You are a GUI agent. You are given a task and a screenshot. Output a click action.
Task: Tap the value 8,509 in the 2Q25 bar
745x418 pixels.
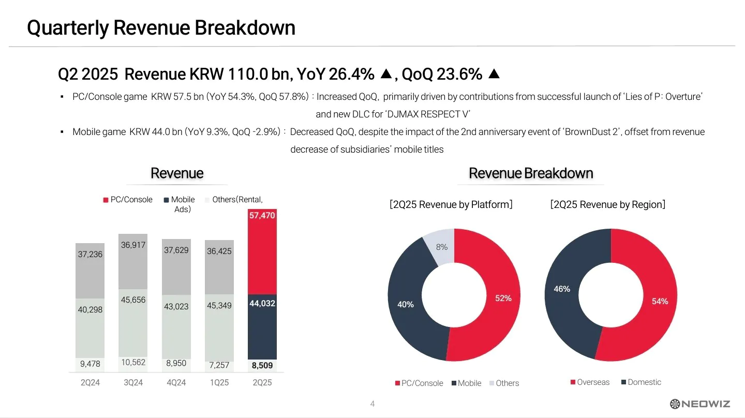pos(262,366)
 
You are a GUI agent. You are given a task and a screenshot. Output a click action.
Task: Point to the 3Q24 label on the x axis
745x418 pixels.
pos(133,383)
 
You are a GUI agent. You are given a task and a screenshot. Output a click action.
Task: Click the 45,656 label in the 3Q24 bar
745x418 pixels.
pos(133,300)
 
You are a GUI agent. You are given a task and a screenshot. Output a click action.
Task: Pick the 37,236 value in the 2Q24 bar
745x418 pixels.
pos(90,254)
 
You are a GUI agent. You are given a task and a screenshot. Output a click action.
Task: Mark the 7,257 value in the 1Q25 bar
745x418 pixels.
pos(219,365)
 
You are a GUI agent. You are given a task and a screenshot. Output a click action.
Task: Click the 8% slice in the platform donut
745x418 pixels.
pos(441,247)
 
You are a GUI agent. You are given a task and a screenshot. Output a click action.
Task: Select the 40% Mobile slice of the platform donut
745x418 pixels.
pos(406,304)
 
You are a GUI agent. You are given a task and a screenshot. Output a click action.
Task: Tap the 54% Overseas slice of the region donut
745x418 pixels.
pos(660,301)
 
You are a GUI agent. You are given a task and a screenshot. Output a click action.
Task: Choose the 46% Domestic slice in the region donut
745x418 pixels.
pos(562,289)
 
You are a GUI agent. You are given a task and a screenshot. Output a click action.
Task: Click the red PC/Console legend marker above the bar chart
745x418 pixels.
pos(106,200)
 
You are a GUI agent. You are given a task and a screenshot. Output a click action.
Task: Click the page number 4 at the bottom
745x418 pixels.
pos(373,404)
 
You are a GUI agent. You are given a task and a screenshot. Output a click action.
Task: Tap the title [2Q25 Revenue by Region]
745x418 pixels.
pos(608,204)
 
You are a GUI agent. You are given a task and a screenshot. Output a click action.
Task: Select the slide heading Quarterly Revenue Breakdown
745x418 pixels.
pos(161,27)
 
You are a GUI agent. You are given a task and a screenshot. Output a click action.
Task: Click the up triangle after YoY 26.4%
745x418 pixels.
pos(385,74)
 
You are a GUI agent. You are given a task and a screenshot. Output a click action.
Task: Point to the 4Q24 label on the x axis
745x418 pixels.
pos(176,383)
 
